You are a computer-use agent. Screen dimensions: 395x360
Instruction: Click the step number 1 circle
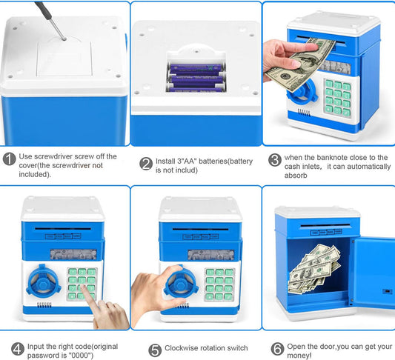pyautogui.click(x=10, y=159)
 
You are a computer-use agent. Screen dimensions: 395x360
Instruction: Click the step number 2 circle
pyautogui.click(x=146, y=164)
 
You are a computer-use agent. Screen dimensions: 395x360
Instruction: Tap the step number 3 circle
pyautogui.click(x=275, y=160)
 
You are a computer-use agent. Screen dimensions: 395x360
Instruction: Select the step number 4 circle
pyautogui.click(x=18, y=349)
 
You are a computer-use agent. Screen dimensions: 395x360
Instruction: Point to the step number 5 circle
pyautogui.click(x=155, y=350)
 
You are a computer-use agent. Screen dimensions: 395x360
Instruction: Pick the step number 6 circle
pyautogui.click(x=277, y=349)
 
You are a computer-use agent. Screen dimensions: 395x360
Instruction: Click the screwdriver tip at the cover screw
pyautogui.click(x=64, y=39)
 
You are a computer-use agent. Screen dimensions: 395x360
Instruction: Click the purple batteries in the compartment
pyautogui.click(x=196, y=78)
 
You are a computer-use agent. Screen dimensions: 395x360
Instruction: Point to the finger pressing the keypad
pyautogui.click(x=87, y=293)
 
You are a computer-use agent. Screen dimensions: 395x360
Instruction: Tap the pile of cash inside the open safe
pyautogui.click(x=313, y=269)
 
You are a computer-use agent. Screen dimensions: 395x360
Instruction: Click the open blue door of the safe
pyautogui.click(x=374, y=273)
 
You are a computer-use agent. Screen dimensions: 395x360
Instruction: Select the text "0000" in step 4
pyautogui.click(x=79, y=356)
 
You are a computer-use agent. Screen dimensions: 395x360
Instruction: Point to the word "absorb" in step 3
pyautogui.click(x=296, y=176)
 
